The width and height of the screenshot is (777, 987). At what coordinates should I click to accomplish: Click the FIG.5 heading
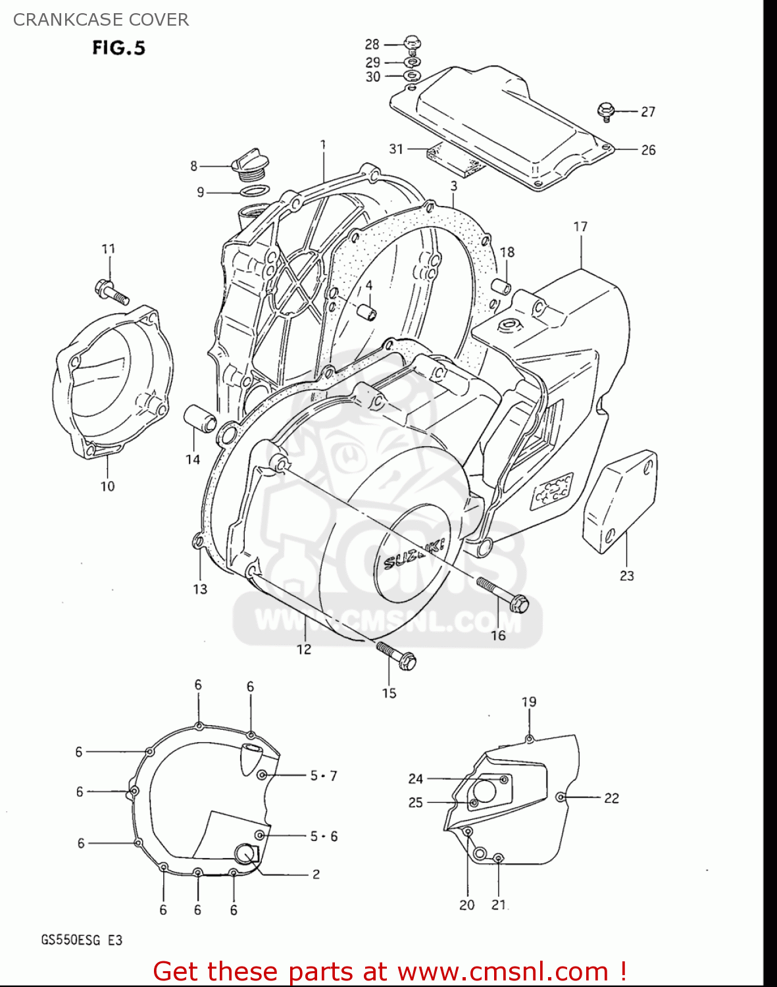pyautogui.click(x=118, y=48)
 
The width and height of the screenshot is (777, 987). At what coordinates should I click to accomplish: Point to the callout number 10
pyautogui.click(x=107, y=486)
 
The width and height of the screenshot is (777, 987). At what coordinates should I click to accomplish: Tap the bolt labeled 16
pyautogui.click(x=503, y=594)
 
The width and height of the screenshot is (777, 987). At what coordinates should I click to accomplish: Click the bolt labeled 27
pyautogui.click(x=605, y=112)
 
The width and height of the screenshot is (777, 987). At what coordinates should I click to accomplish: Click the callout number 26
pyautogui.click(x=648, y=150)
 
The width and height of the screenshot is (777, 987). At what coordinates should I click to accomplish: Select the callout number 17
pyautogui.click(x=580, y=227)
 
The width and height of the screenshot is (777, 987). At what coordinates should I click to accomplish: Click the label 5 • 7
pyautogui.click(x=323, y=776)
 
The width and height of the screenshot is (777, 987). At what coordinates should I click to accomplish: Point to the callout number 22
pyautogui.click(x=611, y=798)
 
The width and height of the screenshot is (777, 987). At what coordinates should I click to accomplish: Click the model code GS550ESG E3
pyautogui.click(x=82, y=940)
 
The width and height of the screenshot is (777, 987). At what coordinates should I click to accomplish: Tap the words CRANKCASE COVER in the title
pyautogui.click(x=101, y=20)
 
